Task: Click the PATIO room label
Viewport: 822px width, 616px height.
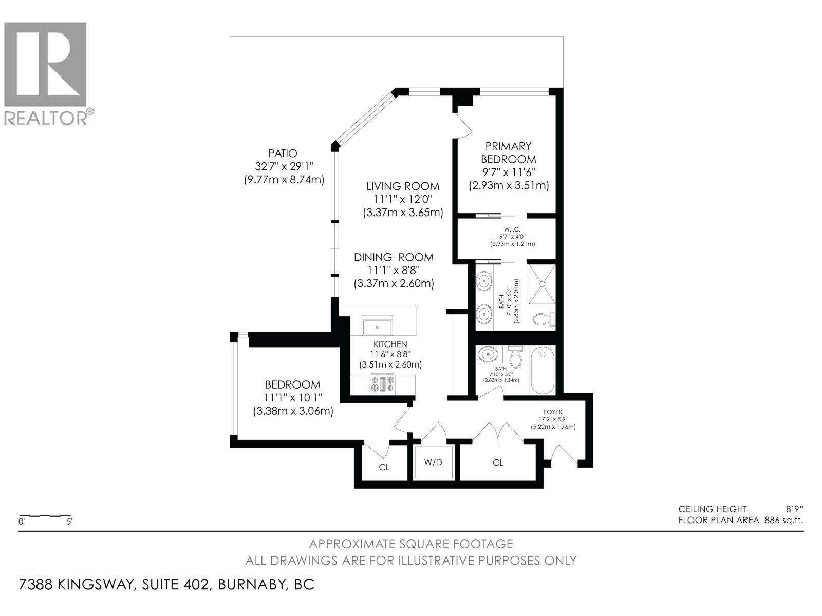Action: click(x=283, y=153)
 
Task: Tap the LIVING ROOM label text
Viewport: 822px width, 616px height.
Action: click(x=403, y=186)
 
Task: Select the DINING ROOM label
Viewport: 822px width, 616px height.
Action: click(x=394, y=257)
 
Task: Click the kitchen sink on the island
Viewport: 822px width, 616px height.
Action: click(x=377, y=326)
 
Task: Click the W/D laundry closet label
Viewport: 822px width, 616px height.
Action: click(x=433, y=463)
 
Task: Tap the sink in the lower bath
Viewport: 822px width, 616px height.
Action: click(x=487, y=355)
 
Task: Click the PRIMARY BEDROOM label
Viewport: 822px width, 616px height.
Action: click(x=509, y=152)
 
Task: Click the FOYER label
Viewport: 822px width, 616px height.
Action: click(x=553, y=412)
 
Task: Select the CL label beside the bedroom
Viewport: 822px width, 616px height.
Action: click(x=384, y=467)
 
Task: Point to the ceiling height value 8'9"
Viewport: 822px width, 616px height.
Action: click(x=794, y=509)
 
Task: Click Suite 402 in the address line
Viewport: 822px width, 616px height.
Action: click(x=175, y=585)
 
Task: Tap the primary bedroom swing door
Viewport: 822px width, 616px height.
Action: click(x=462, y=125)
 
